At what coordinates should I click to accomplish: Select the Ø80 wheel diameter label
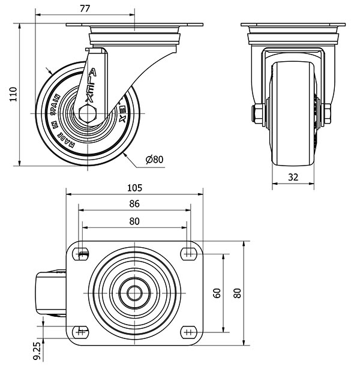tap(154, 159)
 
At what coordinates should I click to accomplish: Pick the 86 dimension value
tap(134, 204)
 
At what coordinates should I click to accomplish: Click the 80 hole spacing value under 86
tap(134, 221)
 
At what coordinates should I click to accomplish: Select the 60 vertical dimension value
tap(218, 293)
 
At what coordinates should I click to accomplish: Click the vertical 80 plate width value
tap(238, 293)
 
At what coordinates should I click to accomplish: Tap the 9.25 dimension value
tap(37, 348)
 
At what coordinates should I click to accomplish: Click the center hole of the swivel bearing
tap(134, 293)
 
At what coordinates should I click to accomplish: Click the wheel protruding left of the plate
tap(50, 293)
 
